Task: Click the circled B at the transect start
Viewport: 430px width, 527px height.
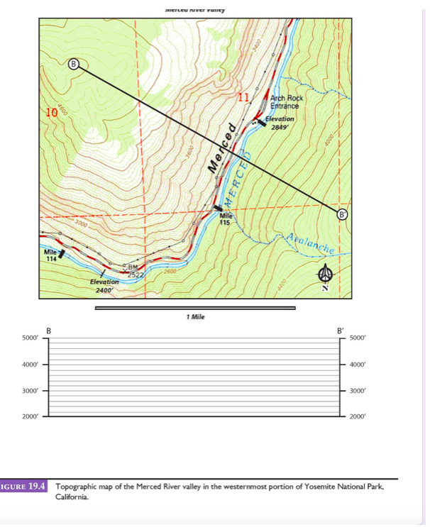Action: pos(74,65)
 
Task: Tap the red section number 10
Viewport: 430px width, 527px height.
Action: pos(50,112)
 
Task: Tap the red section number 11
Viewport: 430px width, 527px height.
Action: pos(244,96)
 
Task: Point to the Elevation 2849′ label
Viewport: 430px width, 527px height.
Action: pos(280,123)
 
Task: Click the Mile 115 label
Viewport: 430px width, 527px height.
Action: pos(226,218)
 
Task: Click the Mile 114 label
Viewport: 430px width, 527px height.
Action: pos(50,255)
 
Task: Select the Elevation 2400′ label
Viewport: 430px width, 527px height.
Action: pos(104,286)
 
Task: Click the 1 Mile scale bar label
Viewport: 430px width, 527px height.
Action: pos(194,316)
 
